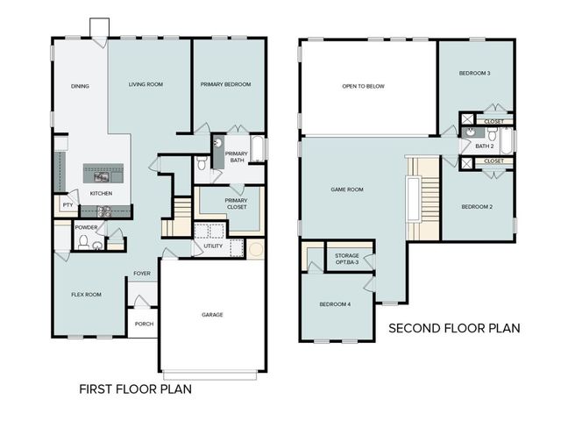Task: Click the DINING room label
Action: coord(80,86)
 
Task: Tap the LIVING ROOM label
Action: coord(146,84)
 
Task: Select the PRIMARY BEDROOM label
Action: coord(226,84)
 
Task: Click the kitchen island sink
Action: coord(102,176)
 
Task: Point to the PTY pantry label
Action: coord(67,205)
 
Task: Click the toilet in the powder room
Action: coord(83,242)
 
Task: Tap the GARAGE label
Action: coord(212,315)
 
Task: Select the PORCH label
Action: coord(144,324)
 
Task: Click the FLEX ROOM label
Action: coord(86,295)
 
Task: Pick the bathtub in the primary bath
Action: coord(257,148)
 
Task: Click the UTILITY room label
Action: coord(213,246)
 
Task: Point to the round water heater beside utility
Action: coord(255,249)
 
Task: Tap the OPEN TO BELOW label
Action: coord(363,86)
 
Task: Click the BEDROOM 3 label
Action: coord(475,74)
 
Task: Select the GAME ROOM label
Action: coord(347,189)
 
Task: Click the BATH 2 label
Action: coord(485,146)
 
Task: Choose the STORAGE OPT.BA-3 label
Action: coord(347,259)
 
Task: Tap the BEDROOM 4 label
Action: coord(335,304)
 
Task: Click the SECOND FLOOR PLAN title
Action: coord(454,328)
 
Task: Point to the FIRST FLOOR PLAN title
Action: coord(135,389)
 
